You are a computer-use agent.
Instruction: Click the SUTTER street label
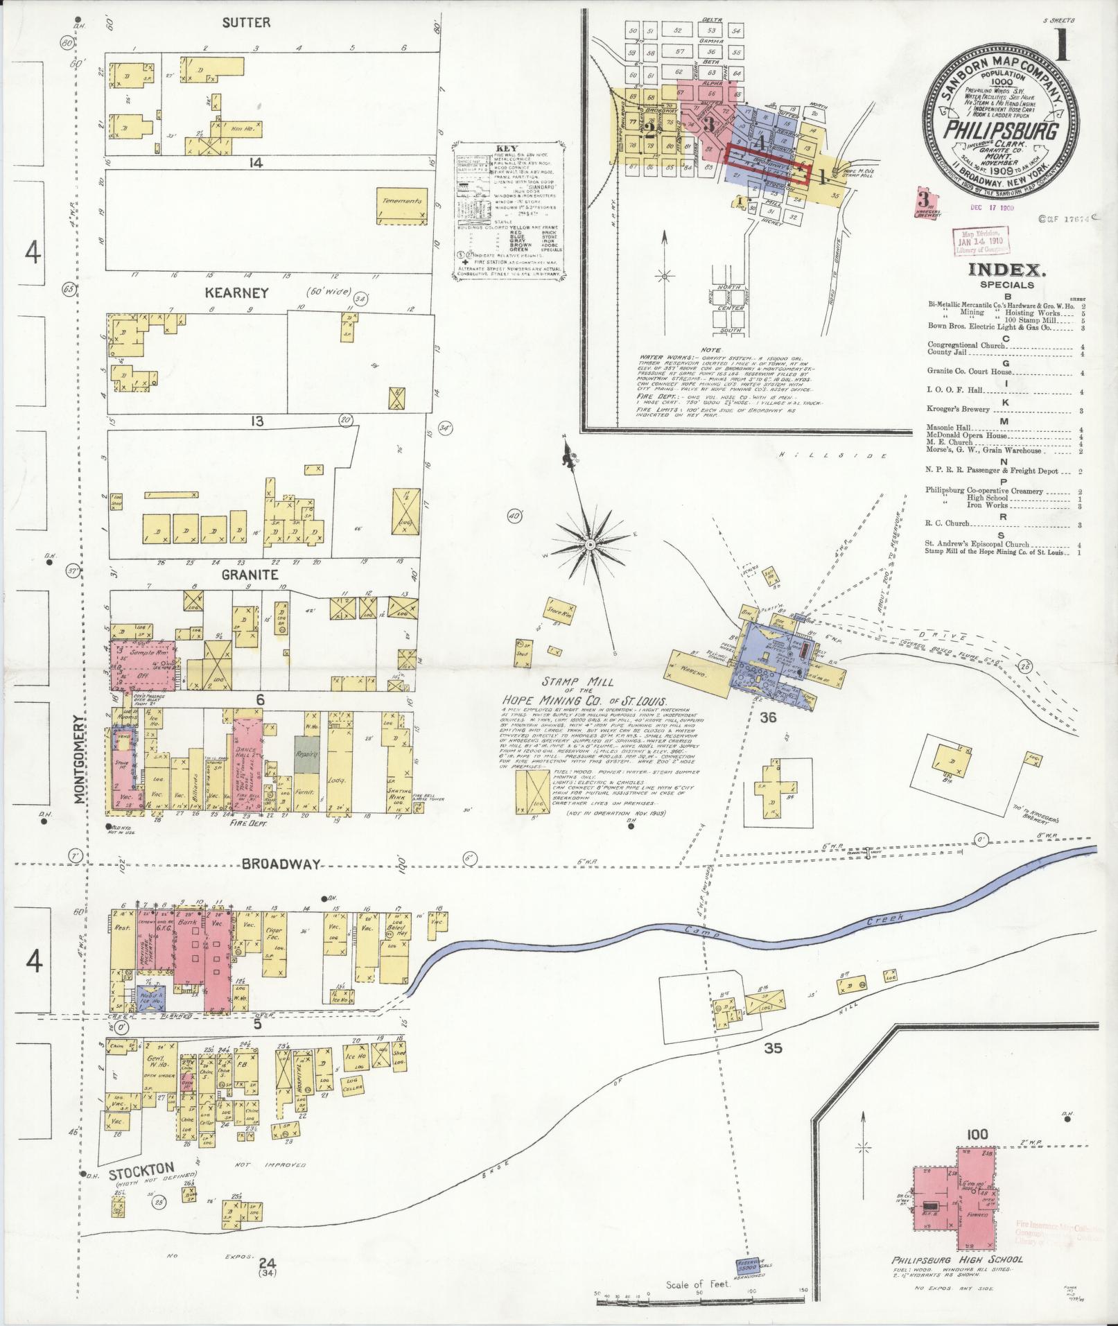(245, 23)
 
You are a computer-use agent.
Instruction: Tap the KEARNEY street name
(236, 293)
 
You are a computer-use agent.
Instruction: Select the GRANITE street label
(250, 575)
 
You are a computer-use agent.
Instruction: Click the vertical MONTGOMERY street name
(80, 760)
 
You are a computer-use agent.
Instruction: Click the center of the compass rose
(590, 545)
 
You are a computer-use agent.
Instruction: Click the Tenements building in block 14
(401, 201)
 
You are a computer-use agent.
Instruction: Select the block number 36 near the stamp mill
(767, 718)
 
